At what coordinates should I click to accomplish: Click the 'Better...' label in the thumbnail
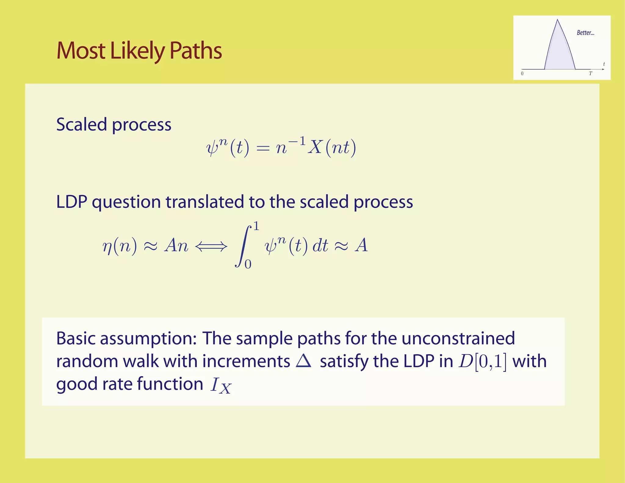point(585,33)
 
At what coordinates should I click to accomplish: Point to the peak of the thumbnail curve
point(558,20)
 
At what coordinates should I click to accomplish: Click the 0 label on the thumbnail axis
point(522,74)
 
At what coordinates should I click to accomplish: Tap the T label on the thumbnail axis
point(591,74)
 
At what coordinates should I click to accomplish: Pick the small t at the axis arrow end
point(604,64)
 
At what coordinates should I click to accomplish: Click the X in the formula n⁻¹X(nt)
point(315,148)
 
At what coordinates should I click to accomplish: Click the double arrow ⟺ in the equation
point(211,246)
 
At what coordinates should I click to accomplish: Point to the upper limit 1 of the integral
point(256,226)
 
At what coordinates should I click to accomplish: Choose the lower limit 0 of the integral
point(248,264)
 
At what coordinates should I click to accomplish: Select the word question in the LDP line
point(126,202)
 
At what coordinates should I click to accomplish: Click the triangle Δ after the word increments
point(304,361)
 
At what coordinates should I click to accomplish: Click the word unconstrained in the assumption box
point(458,338)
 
